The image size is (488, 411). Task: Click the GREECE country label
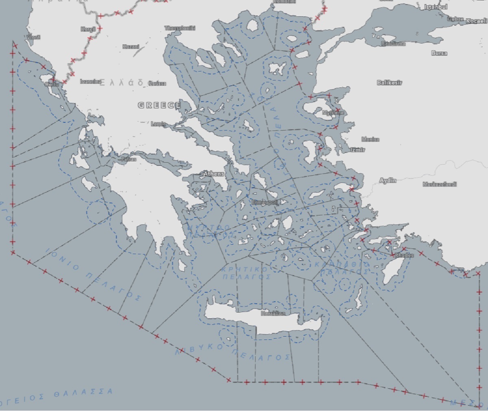tap(159, 105)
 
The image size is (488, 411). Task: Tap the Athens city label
tap(213, 174)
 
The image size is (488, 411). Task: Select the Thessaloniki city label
tap(180, 28)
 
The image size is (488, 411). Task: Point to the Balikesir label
tap(390, 83)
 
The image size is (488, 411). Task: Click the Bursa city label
tap(439, 53)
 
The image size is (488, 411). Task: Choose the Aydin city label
tap(388, 180)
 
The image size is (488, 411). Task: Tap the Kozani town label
tap(131, 47)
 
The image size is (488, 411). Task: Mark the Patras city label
tap(129, 159)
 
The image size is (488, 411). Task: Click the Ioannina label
tap(90, 81)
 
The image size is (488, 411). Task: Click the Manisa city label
tap(370, 139)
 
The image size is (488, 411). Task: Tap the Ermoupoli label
tap(264, 202)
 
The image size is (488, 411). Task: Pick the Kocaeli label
tap(476, 21)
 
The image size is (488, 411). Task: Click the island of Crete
tap(260, 321)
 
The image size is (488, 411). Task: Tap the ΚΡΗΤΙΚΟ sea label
tap(245, 269)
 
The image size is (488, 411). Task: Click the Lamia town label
tap(158, 124)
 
